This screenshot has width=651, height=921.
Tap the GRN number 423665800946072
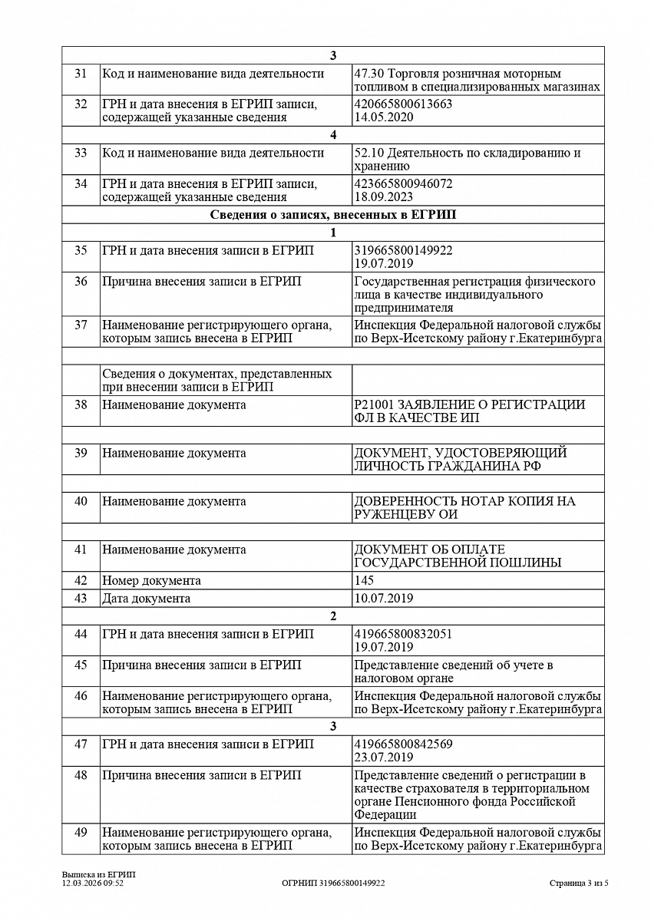click(403, 183)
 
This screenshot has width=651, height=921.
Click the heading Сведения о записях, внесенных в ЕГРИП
click(332, 215)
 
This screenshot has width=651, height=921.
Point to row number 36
click(81, 282)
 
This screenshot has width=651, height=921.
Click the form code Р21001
click(374, 404)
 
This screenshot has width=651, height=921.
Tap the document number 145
click(364, 580)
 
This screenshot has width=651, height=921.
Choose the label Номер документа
click(151, 580)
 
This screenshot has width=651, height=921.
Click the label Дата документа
click(146, 598)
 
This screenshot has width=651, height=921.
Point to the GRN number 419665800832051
click(403, 634)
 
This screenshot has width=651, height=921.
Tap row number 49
click(81, 832)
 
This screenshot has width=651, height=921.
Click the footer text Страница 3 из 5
click(579, 883)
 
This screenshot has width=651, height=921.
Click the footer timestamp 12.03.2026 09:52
click(93, 883)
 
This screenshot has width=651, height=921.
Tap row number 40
click(81, 501)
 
